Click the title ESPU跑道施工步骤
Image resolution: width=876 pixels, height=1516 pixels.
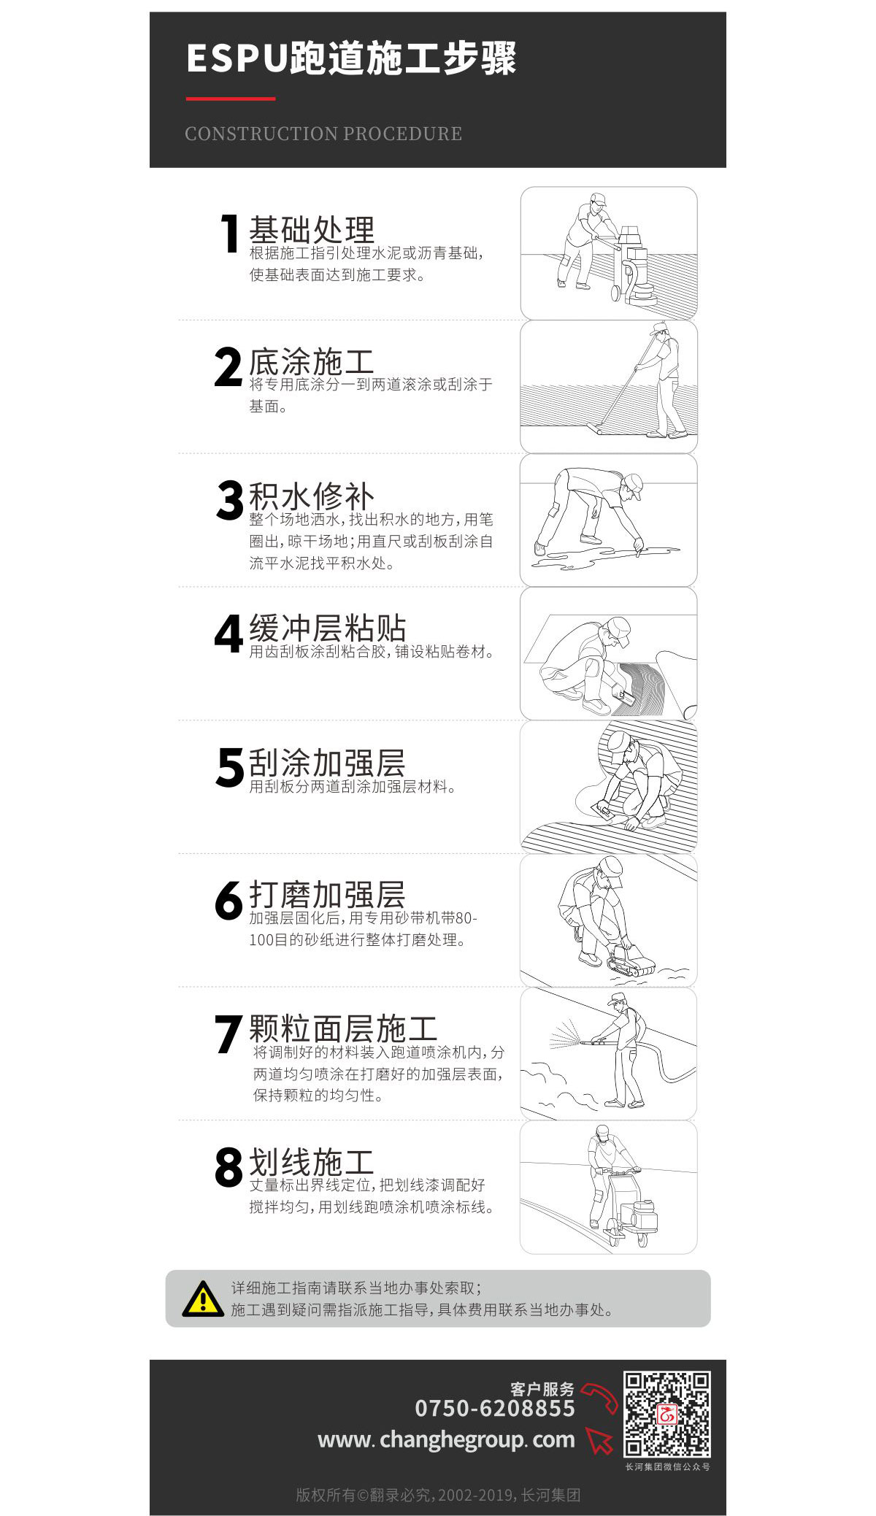click(351, 58)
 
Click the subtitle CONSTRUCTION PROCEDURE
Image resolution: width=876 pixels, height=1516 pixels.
click(323, 134)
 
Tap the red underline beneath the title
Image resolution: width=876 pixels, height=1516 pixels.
click(231, 99)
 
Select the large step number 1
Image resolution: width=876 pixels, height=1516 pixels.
click(231, 234)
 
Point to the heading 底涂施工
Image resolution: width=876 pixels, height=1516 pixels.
click(312, 362)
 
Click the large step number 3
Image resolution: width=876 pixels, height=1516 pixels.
click(229, 501)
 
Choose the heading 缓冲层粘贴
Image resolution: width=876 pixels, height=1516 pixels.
click(327, 628)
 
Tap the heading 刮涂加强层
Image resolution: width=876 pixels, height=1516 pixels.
click(327, 763)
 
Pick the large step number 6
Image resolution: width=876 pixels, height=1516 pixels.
click(228, 900)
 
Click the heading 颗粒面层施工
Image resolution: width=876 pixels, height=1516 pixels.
click(343, 1028)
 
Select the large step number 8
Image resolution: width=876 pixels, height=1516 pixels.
click(228, 1166)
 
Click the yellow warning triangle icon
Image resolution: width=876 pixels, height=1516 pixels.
click(203, 1299)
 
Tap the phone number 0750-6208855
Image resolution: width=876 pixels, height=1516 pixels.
click(495, 1408)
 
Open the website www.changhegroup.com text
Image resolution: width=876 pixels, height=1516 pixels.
click(446, 1440)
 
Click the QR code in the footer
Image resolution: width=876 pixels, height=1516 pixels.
click(667, 1414)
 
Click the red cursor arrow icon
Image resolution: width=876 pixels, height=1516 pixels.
click(599, 1441)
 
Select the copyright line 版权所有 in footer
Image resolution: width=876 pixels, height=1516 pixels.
click(438, 1495)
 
